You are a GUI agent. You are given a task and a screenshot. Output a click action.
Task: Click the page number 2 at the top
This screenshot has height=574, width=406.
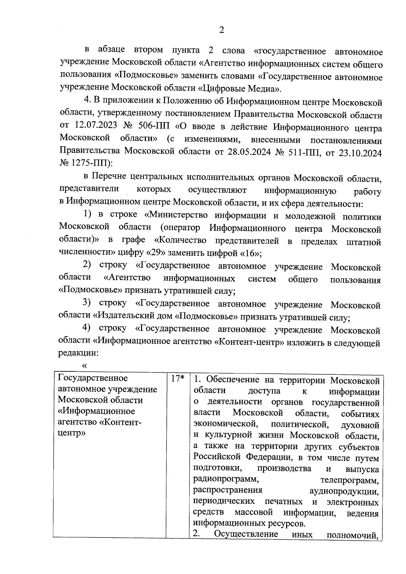pos(222,30)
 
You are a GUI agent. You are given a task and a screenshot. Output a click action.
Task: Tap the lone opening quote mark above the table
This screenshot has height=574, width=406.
pos(84,365)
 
